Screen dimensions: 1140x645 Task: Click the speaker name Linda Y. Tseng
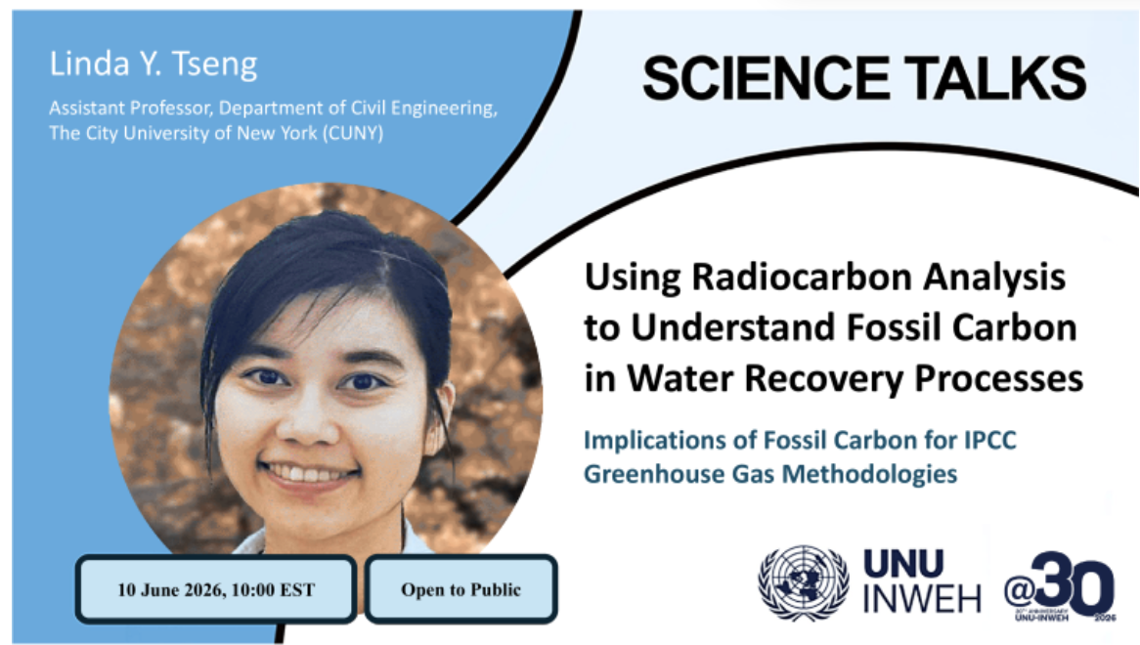(153, 64)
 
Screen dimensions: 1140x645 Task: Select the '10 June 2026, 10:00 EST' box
(216, 589)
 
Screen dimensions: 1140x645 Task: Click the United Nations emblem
(804, 582)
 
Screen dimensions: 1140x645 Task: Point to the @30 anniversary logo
(1059, 585)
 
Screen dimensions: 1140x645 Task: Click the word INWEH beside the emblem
(922, 598)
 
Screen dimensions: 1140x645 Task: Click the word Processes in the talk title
(998, 377)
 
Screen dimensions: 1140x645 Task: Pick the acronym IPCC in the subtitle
(990, 440)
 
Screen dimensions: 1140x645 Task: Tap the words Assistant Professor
(132, 108)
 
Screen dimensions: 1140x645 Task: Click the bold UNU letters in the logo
(903, 564)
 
